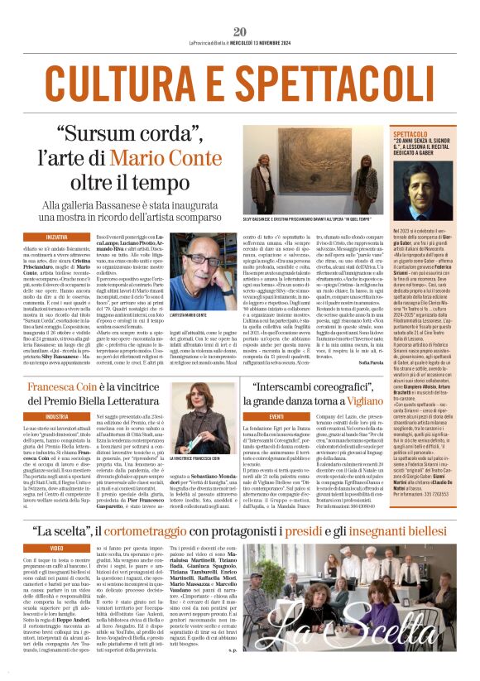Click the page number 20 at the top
240,9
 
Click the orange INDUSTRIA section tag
41,416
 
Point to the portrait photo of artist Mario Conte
199,271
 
